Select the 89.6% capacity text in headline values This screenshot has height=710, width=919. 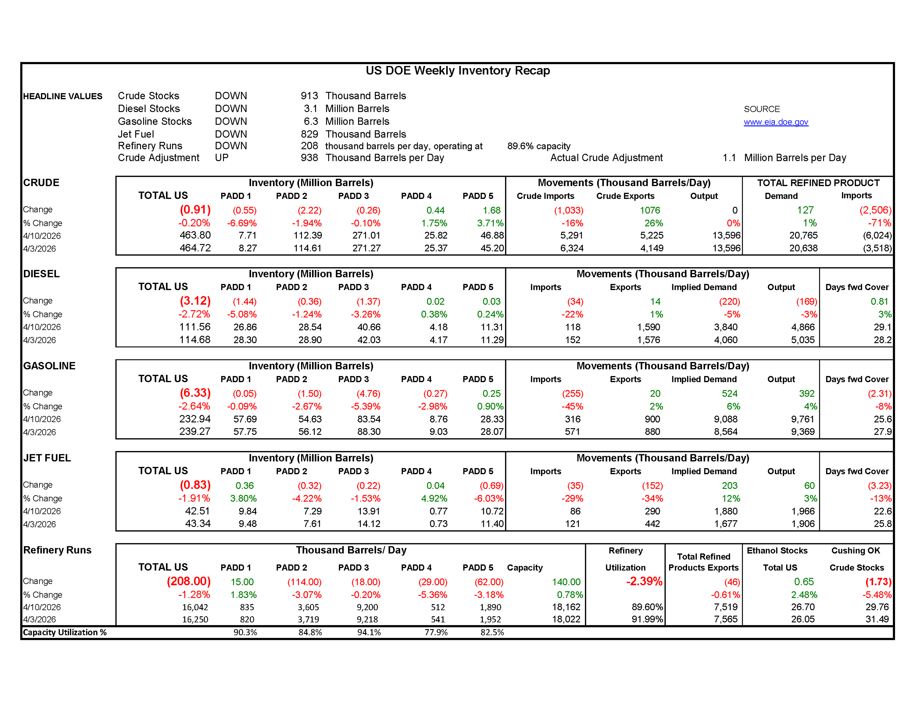(539, 146)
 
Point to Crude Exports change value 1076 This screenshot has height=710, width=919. (650, 210)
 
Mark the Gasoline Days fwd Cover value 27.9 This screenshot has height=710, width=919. (882, 432)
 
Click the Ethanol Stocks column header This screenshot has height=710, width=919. (777, 550)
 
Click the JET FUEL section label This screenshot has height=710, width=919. (47, 458)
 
